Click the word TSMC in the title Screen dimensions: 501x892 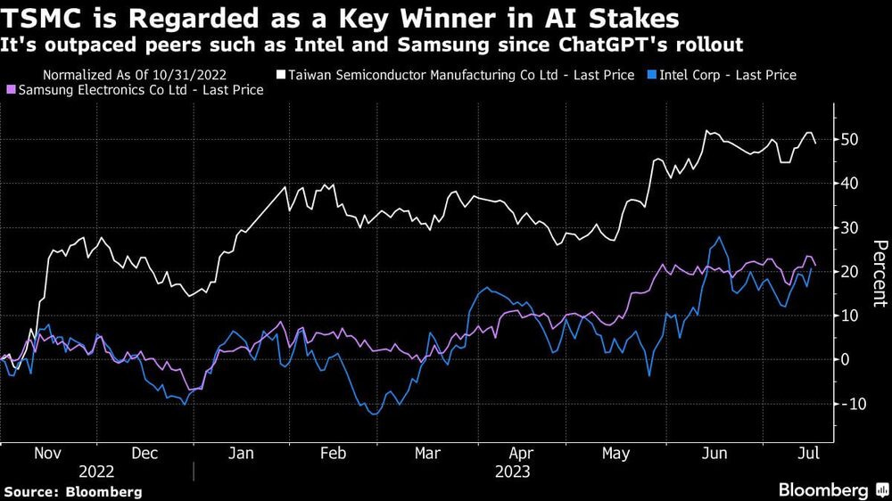37,18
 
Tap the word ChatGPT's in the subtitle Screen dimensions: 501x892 648,44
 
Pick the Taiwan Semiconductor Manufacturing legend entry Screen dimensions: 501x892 457,76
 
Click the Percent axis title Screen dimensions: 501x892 879,274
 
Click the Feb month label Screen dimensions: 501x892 332,453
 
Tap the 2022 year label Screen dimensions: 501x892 97,471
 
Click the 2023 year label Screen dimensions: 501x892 512,471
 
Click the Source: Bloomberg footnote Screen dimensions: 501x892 73,491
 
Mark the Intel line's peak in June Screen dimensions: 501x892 719,237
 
